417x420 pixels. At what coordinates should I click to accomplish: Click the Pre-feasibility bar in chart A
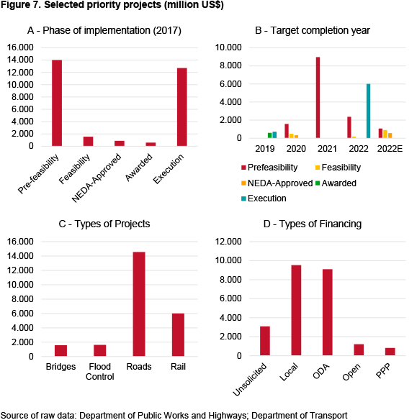[x=57, y=103]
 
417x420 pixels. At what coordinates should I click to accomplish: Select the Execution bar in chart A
[x=181, y=107]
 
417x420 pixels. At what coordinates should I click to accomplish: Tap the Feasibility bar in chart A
[x=88, y=141]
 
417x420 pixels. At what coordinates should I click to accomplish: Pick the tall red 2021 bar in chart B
[x=318, y=98]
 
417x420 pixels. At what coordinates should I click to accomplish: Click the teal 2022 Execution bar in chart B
[x=368, y=111]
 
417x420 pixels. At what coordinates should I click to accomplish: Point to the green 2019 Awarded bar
[x=269, y=135]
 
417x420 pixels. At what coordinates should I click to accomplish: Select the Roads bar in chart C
[x=139, y=304]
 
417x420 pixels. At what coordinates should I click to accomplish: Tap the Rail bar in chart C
[x=178, y=334]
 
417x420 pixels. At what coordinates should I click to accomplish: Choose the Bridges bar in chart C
[x=61, y=351]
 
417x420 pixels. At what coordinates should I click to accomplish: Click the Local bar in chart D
[x=296, y=310]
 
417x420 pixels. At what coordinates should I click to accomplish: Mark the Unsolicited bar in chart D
[x=265, y=341]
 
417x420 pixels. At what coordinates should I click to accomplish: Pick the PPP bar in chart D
[x=390, y=352]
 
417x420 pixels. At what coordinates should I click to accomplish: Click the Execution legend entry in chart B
[x=264, y=198]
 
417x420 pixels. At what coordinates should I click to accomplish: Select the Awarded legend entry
[x=336, y=183]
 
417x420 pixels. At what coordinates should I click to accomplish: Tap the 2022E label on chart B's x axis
[x=390, y=149]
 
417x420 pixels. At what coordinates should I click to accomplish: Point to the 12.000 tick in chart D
[x=228, y=242]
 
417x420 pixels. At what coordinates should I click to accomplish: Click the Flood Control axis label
[x=100, y=372]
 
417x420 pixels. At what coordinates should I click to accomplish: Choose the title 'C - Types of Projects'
[x=104, y=224]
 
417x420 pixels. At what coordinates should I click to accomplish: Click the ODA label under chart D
[x=321, y=372]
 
